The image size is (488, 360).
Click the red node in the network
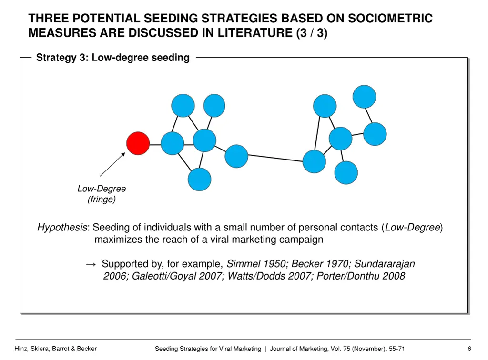(138, 143)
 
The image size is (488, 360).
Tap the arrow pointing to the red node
(112, 164)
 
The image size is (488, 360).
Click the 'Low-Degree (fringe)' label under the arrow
(102, 194)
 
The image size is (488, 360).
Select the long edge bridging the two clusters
(275, 159)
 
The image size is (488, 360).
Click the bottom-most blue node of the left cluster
(199, 180)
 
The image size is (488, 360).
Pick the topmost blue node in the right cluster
(364, 97)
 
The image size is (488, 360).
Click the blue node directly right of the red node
(172, 143)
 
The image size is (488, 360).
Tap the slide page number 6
(469, 349)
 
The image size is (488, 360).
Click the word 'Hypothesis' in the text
(62, 228)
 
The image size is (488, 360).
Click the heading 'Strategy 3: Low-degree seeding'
(113, 58)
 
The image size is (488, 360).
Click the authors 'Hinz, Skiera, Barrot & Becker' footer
(56, 349)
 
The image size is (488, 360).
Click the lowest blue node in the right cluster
(346, 172)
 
